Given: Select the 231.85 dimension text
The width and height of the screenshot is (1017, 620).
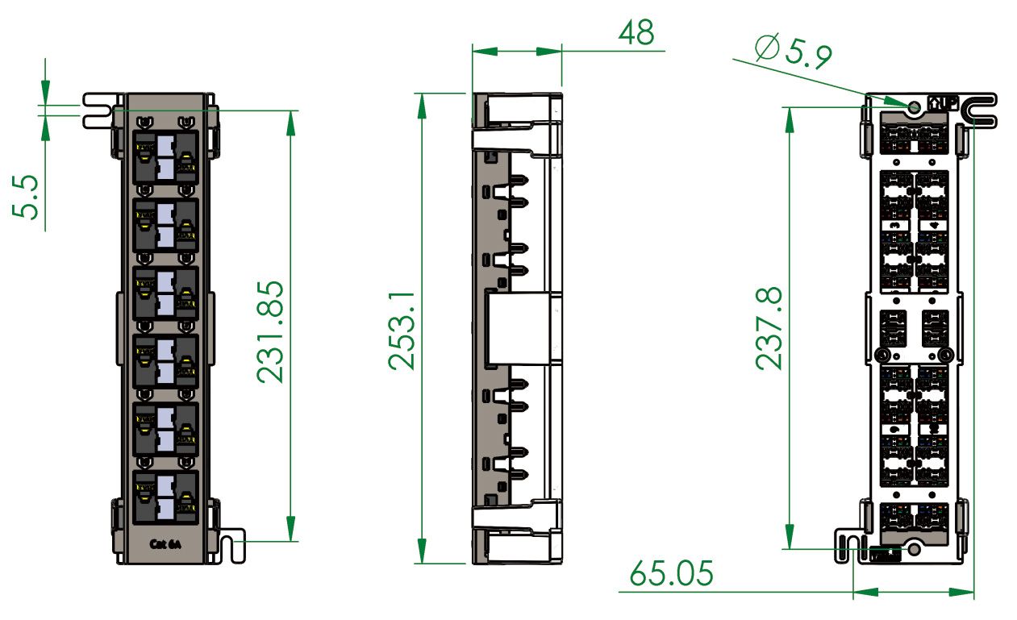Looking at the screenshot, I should pyautogui.click(x=270, y=331).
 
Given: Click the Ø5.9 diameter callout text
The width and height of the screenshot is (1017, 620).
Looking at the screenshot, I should pyautogui.click(x=794, y=52).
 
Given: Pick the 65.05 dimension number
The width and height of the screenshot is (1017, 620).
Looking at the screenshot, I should pyautogui.click(x=671, y=574).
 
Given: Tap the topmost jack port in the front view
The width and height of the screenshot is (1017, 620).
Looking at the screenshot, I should pyautogui.click(x=165, y=157).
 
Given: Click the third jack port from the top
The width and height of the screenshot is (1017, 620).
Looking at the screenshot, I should pyautogui.click(x=165, y=292).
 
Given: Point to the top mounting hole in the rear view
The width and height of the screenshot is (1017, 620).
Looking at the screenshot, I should pyautogui.click(x=915, y=106).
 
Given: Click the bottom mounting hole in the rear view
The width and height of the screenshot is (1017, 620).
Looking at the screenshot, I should pyautogui.click(x=914, y=548).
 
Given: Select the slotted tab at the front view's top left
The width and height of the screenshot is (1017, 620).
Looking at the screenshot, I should pyautogui.click(x=98, y=110).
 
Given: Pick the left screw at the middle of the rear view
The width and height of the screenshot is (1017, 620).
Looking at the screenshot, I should pyautogui.click(x=883, y=355).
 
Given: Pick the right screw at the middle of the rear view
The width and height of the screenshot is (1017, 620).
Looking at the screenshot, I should pyautogui.click(x=944, y=355).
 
